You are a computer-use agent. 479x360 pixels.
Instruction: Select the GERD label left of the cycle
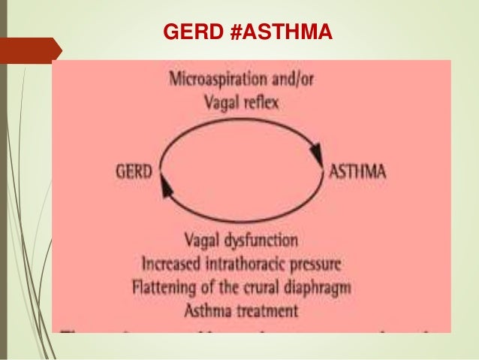tap(134, 171)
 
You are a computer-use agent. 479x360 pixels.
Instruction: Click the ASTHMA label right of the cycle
tap(359, 171)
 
